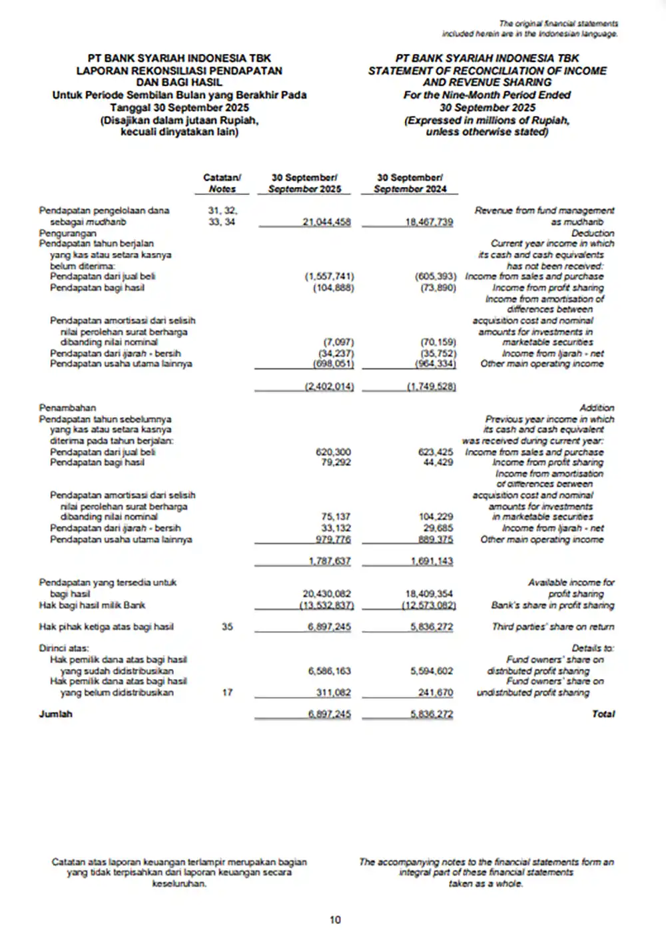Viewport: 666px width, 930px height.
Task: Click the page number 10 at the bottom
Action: coord(335,919)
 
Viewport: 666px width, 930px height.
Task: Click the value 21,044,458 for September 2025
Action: coord(326,222)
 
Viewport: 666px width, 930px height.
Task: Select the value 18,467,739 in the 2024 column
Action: coord(429,222)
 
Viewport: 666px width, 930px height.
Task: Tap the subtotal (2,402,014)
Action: coord(329,387)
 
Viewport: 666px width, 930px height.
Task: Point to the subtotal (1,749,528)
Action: coord(431,387)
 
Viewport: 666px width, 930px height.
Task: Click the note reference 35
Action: coord(227,626)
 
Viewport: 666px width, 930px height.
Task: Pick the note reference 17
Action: coord(227,692)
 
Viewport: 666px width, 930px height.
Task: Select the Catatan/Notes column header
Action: coord(222,183)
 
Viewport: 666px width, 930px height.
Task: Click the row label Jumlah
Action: coord(55,714)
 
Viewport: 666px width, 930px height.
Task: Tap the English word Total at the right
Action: coord(603,714)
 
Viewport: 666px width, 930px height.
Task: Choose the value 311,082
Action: coord(333,692)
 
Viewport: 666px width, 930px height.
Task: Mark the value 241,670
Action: coord(436,692)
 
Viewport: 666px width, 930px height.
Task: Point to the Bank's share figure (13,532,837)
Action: coord(326,605)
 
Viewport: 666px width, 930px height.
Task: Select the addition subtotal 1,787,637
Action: coord(329,561)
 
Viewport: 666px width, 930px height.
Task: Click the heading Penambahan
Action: coord(67,407)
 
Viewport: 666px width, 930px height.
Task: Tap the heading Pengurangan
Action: coord(67,233)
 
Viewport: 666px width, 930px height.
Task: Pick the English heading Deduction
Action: coord(593,233)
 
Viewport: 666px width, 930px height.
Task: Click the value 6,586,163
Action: coord(329,671)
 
